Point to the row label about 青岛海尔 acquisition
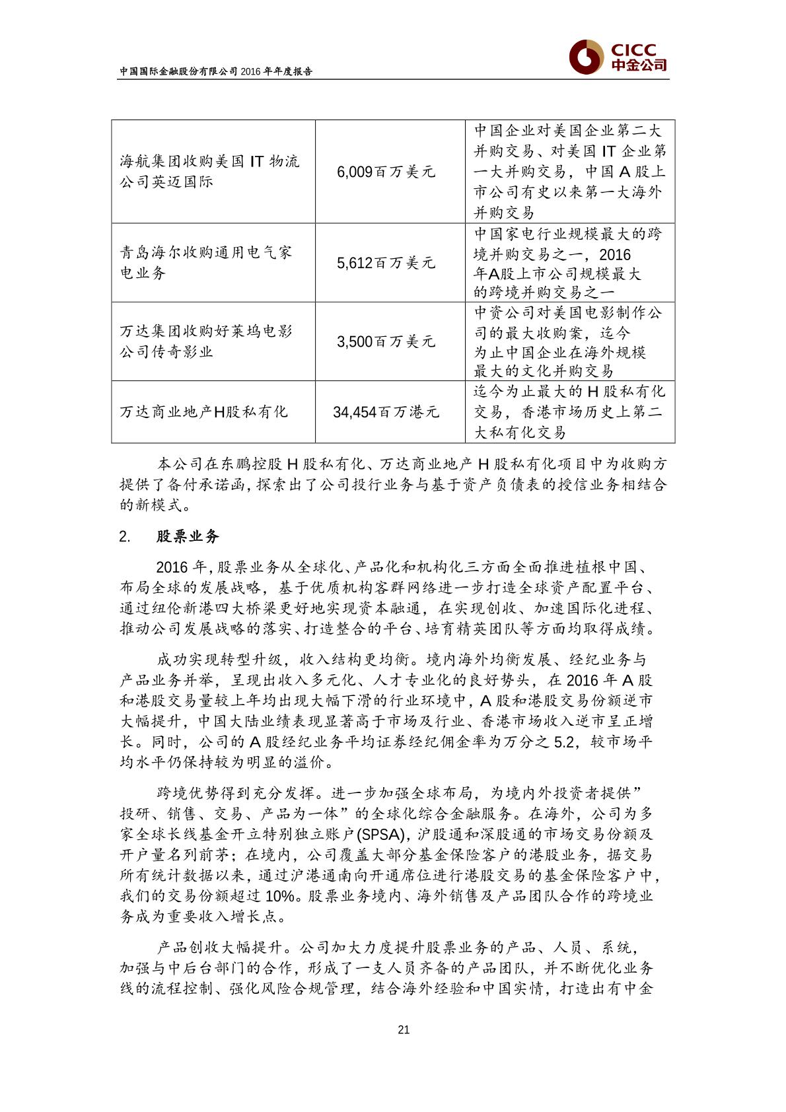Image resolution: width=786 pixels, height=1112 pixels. [205, 263]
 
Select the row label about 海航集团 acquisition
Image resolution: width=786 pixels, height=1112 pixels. [209, 171]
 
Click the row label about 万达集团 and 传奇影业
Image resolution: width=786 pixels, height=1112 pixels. [205, 341]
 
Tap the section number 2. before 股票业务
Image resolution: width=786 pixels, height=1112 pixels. [124, 536]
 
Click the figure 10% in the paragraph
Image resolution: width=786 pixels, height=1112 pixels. [282, 897]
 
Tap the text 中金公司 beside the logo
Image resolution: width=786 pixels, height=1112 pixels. [638, 65]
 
